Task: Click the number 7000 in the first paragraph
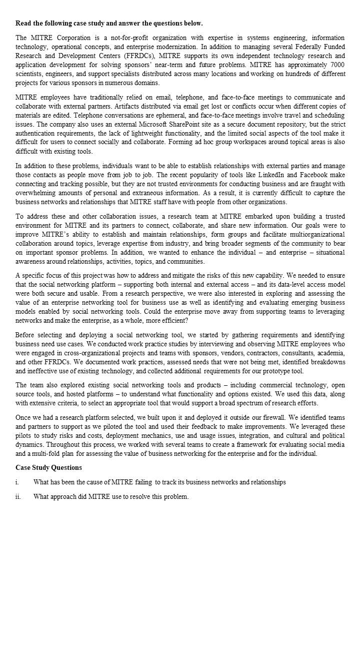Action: (x=337, y=65)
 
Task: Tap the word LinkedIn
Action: (x=272, y=175)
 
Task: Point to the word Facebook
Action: (x=314, y=175)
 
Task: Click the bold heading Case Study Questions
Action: (x=48, y=468)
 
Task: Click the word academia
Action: (x=330, y=353)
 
